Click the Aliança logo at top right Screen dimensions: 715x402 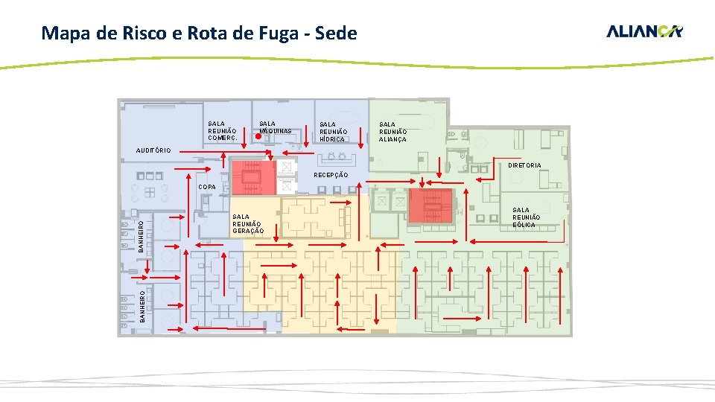(x=644, y=31)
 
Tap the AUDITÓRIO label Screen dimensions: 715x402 (x=153, y=150)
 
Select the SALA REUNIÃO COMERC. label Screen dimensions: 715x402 (x=222, y=131)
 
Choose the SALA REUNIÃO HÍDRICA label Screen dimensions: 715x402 (x=332, y=132)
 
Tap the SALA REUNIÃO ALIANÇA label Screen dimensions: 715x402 (x=393, y=132)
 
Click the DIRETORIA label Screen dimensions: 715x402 (x=525, y=165)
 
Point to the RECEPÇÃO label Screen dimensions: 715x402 (x=331, y=175)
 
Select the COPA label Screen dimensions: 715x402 (x=207, y=186)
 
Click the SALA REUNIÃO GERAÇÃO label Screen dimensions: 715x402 (x=247, y=224)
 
